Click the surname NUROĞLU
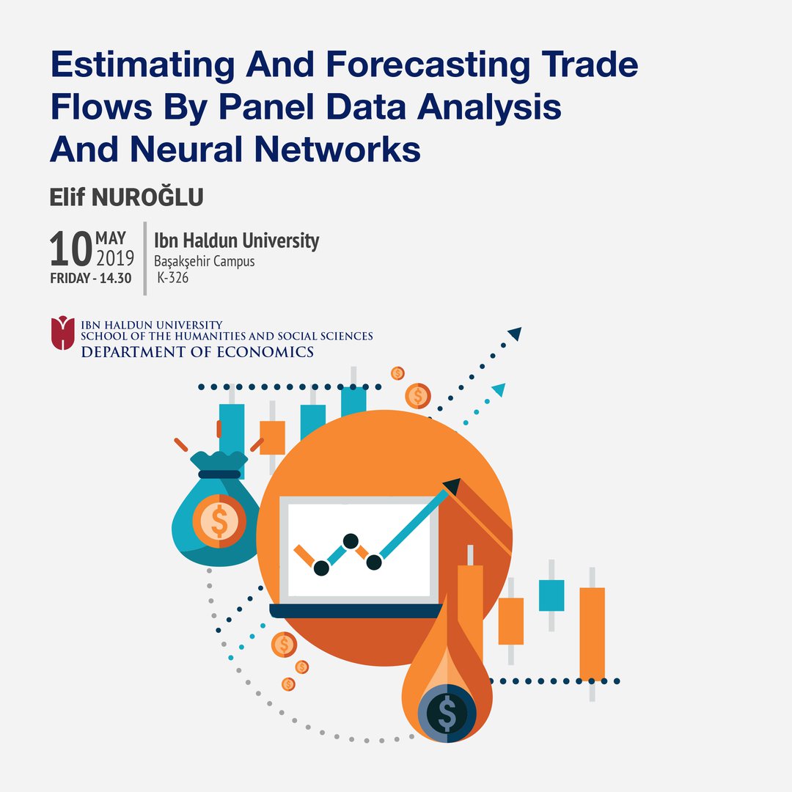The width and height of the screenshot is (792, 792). [x=147, y=197]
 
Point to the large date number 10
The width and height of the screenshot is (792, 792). [x=70, y=249]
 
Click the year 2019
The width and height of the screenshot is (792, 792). [x=115, y=258]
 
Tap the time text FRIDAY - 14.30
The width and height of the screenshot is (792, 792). [x=91, y=279]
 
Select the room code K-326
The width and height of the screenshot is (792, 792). [x=173, y=277]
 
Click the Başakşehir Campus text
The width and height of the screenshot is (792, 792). [x=204, y=261]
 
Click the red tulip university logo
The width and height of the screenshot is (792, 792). [x=62, y=333]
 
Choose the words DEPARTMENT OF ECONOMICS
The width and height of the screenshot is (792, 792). [x=197, y=352]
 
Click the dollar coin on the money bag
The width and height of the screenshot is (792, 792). [x=219, y=521]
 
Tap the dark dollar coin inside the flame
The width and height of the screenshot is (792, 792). [x=447, y=714]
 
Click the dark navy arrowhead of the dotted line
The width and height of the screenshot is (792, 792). [x=516, y=334]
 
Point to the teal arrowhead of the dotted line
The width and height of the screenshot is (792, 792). [x=499, y=389]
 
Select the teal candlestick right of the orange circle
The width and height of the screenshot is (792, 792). [x=551, y=595]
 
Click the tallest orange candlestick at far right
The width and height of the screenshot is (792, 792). [x=592, y=634]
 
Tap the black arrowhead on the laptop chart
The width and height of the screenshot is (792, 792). [x=452, y=486]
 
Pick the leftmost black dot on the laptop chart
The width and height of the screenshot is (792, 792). [x=321, y=568]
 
